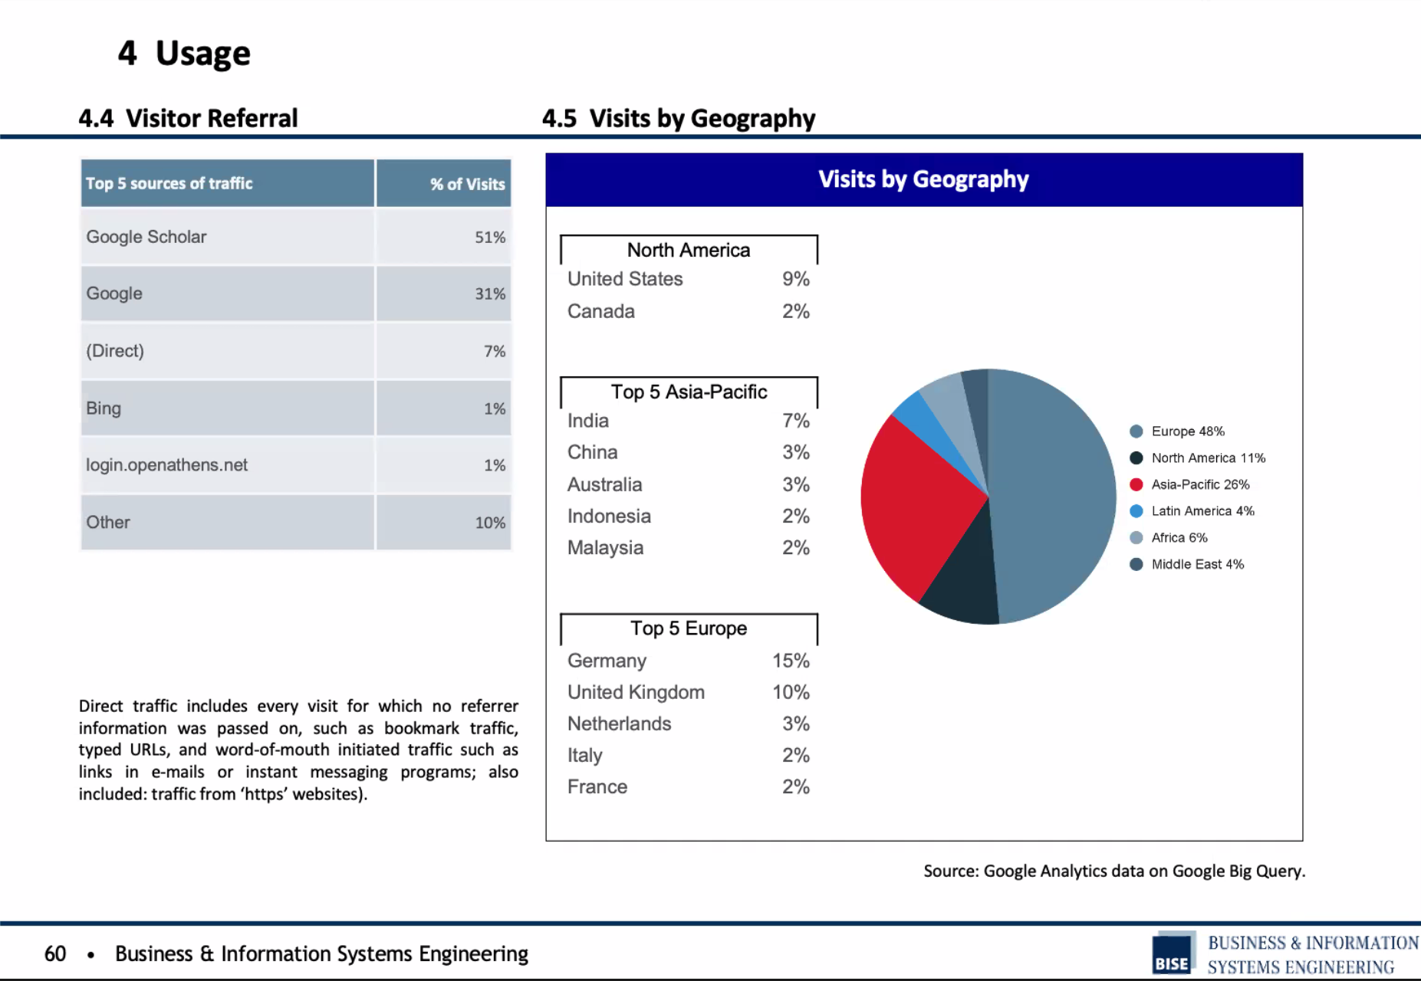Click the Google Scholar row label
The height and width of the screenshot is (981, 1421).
pyautogui.click(x=146, y=237)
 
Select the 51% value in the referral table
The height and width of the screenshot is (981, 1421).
pyautogui.click(x=490, y=238)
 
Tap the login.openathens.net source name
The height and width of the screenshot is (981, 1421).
pyautogui.click(x=166, y=465)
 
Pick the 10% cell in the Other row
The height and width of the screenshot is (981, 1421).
pyautogui.click(x=490, y=523)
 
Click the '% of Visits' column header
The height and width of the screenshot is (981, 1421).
pyautogui.click(x=467, y=184)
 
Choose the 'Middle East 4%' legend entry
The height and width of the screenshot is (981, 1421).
pyautogui.click(x=1187, y=565)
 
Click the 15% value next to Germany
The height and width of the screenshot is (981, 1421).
pyautogui.click(x=791, y=661)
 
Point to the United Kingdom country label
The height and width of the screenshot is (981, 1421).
pyautogui.click(x=636, y=692)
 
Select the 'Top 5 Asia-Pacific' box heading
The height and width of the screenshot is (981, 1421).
pyautogui.click(x=689, y=392)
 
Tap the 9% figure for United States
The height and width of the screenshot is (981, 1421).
pyautogui.click(x=796, y=279)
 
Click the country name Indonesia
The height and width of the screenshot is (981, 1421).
pyautogui.click(x=609, y=516)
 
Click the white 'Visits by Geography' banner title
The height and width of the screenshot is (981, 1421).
pyautogui.click(x=923, y=179)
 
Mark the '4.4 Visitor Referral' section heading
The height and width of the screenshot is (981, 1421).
pyautogui.click(x=188, y=118)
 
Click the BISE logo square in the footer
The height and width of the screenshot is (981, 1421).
pyautogui.click(x=1173, y=953)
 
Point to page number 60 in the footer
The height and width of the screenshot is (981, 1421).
pyautogui.click(x=55, y=953)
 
